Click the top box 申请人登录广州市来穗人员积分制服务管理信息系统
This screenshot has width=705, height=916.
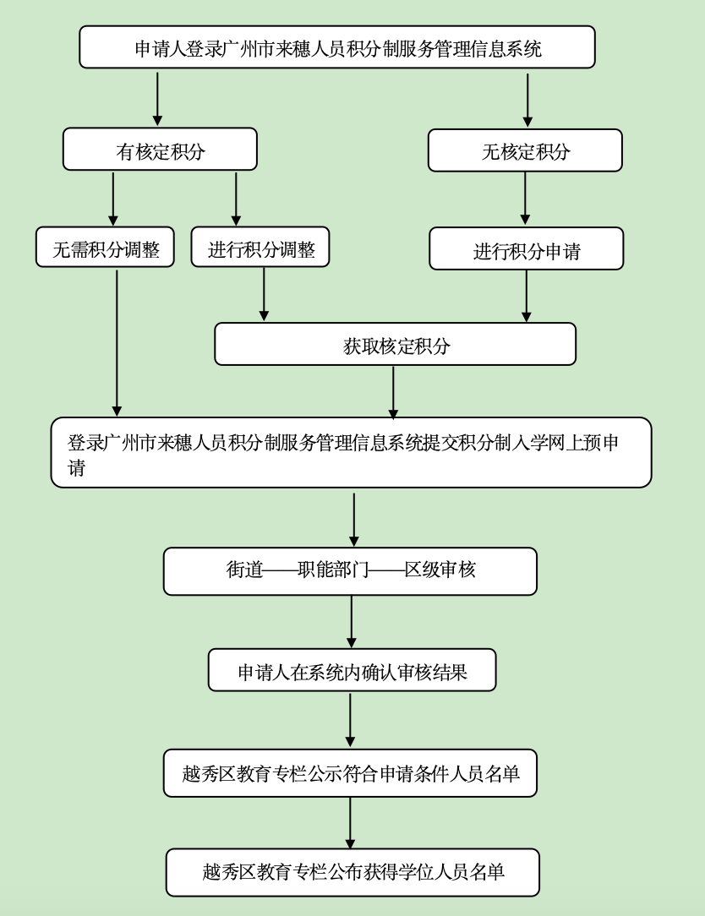(x=336, y=47)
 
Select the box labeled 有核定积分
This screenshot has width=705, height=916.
(x=160, y=150)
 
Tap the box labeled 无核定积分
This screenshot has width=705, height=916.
(x=525, y=150)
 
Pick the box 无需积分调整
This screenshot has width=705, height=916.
(x=106, y=248)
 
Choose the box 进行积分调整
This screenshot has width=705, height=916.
(x=260, y=248)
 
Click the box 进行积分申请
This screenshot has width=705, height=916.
(x=526, y=249)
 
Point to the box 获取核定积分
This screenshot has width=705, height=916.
(x=395, y=344)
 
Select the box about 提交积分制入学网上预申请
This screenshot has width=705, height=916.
(x=351, y=453)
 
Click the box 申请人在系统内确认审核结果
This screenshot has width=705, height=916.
(x=352, y=671)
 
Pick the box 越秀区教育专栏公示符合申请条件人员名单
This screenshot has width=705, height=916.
(x=350, y=773)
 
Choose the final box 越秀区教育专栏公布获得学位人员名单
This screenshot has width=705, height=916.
(x=352, y=872)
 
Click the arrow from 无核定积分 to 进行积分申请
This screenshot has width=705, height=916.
(x=525, y=199)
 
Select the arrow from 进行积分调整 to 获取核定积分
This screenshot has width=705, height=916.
(x=264, y=294)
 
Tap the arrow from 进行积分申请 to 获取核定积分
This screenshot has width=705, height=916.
(x=527, y=296)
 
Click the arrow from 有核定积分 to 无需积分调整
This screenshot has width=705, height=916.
(x=113, y=199)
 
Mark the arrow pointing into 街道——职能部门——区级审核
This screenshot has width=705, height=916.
(x=353, y=518)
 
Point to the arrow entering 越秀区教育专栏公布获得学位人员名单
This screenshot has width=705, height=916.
(x=350, y=822)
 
